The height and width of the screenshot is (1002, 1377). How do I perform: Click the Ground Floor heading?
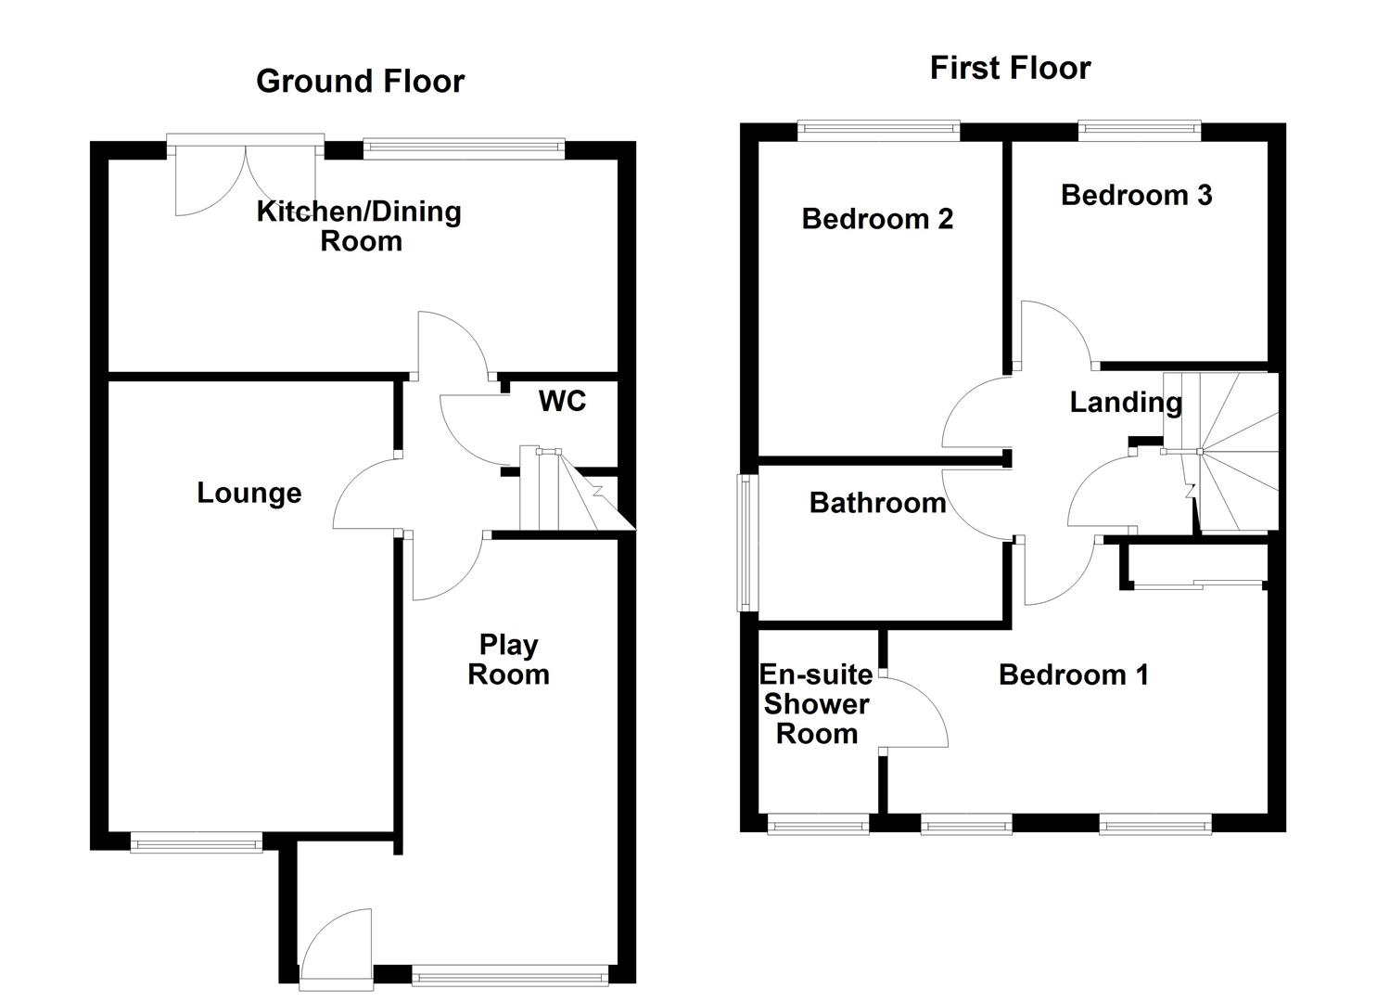tap(360, 82)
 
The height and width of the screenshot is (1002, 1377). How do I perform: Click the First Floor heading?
tap(1010, 68)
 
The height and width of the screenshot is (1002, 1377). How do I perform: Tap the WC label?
tap(562, 401)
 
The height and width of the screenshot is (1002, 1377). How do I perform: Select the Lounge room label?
tap(249, 493)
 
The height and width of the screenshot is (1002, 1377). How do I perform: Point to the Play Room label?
tap(508, 659)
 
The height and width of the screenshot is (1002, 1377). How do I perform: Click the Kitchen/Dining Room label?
tap(359, 225)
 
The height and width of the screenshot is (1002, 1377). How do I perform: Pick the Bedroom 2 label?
tap(877, 219)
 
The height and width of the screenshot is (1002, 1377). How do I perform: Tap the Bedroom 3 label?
tap(1136, 195)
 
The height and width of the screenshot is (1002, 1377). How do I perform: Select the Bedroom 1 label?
tap(1073, 674)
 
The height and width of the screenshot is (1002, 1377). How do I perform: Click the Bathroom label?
tap(877, 503)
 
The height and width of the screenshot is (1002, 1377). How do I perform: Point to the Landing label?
tap(1126, 402)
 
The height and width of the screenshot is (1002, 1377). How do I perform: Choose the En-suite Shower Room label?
tap(816, 703)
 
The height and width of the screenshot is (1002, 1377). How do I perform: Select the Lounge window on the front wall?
tap(196, 842)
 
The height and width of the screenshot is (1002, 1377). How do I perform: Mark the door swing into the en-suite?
tap(913, 713)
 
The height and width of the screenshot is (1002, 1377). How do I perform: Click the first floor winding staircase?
tap(1233, 453)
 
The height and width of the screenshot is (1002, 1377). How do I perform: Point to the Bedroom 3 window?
tap(1140, 131)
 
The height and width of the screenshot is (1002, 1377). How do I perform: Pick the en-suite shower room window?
tap(818, 824)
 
